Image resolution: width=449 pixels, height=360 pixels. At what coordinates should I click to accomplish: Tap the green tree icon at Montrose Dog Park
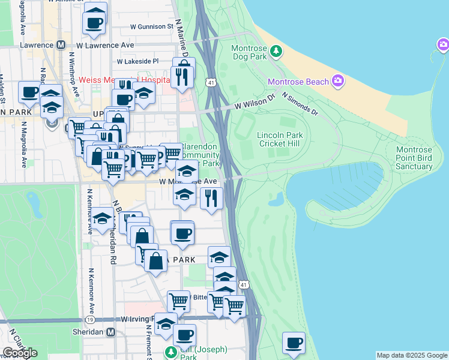pyautogui.click(x=276, y=51)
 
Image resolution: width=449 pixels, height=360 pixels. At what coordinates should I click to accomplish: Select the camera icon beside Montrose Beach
pyautogui.click(x=338, y=81)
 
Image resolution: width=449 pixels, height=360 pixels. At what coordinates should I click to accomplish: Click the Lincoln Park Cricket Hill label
pyautogui.click(x=280, y=139)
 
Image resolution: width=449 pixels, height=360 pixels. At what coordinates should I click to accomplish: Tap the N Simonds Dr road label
pyautogui.click(x=299, y=103)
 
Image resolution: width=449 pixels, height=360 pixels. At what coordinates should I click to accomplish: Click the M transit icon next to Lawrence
pyautogui.click(x=60, y=45)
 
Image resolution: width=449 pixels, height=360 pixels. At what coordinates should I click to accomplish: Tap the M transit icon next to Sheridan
pyautogui.click(x=110, y=332)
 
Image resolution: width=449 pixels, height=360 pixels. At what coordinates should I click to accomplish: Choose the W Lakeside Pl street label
pyautogui.click(x=137, y=61)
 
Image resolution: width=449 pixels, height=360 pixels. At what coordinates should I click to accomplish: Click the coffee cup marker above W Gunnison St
pyautogui.click(x=95, y=22)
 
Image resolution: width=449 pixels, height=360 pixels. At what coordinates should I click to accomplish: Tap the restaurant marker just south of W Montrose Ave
pyautogui.click(x=211, y=199)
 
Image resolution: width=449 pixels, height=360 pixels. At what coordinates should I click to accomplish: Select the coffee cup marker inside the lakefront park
pyautogui.click(x=294, y=343)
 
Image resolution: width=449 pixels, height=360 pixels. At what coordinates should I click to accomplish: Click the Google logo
pyautogui.click(x=19, y=353)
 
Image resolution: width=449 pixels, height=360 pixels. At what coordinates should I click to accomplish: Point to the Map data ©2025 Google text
pyautogui.click(x=411, y=355)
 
